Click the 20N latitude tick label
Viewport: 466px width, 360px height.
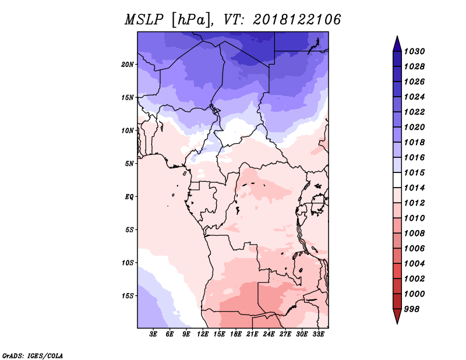128,65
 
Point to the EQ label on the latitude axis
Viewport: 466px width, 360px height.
129,197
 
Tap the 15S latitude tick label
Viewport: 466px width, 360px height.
128,296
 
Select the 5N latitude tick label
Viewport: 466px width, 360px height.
129,164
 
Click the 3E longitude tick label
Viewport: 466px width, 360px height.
153,334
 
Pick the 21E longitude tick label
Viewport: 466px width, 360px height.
252,334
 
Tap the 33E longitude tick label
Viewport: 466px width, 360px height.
318,334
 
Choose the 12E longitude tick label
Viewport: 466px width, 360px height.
202,334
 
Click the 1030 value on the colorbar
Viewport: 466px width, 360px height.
414,51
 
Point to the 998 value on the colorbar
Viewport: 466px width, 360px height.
412,309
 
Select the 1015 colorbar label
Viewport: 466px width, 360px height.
414,172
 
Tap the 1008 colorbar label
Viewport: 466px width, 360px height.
414,234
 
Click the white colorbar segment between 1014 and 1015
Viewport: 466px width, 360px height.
397,180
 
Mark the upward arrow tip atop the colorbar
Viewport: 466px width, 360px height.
397,36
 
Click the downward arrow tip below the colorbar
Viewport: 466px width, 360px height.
397,323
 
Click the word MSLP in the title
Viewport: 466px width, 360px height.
144,20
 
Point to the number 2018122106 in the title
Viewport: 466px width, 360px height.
297,20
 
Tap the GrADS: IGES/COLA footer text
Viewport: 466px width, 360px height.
33,355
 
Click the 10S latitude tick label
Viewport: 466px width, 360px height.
128,263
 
